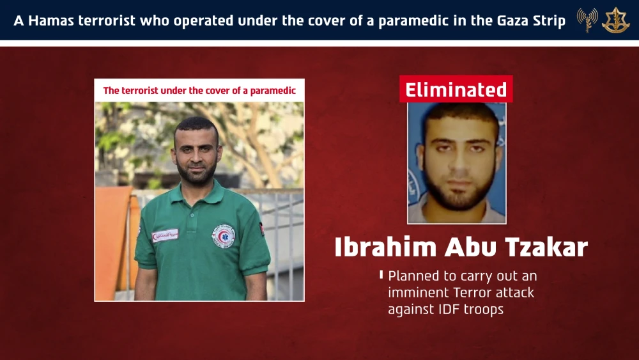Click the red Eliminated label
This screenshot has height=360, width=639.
click(x=456, y=90)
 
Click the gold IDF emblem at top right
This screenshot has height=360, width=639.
click(x=615, y=20)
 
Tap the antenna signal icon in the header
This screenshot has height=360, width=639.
click(x=587, y=20)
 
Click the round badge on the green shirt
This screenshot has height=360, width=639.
click(x=223, y=235)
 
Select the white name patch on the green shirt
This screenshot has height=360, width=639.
click(x=165, y=235)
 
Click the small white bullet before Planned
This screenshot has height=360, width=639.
click(x=381, y=275)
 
